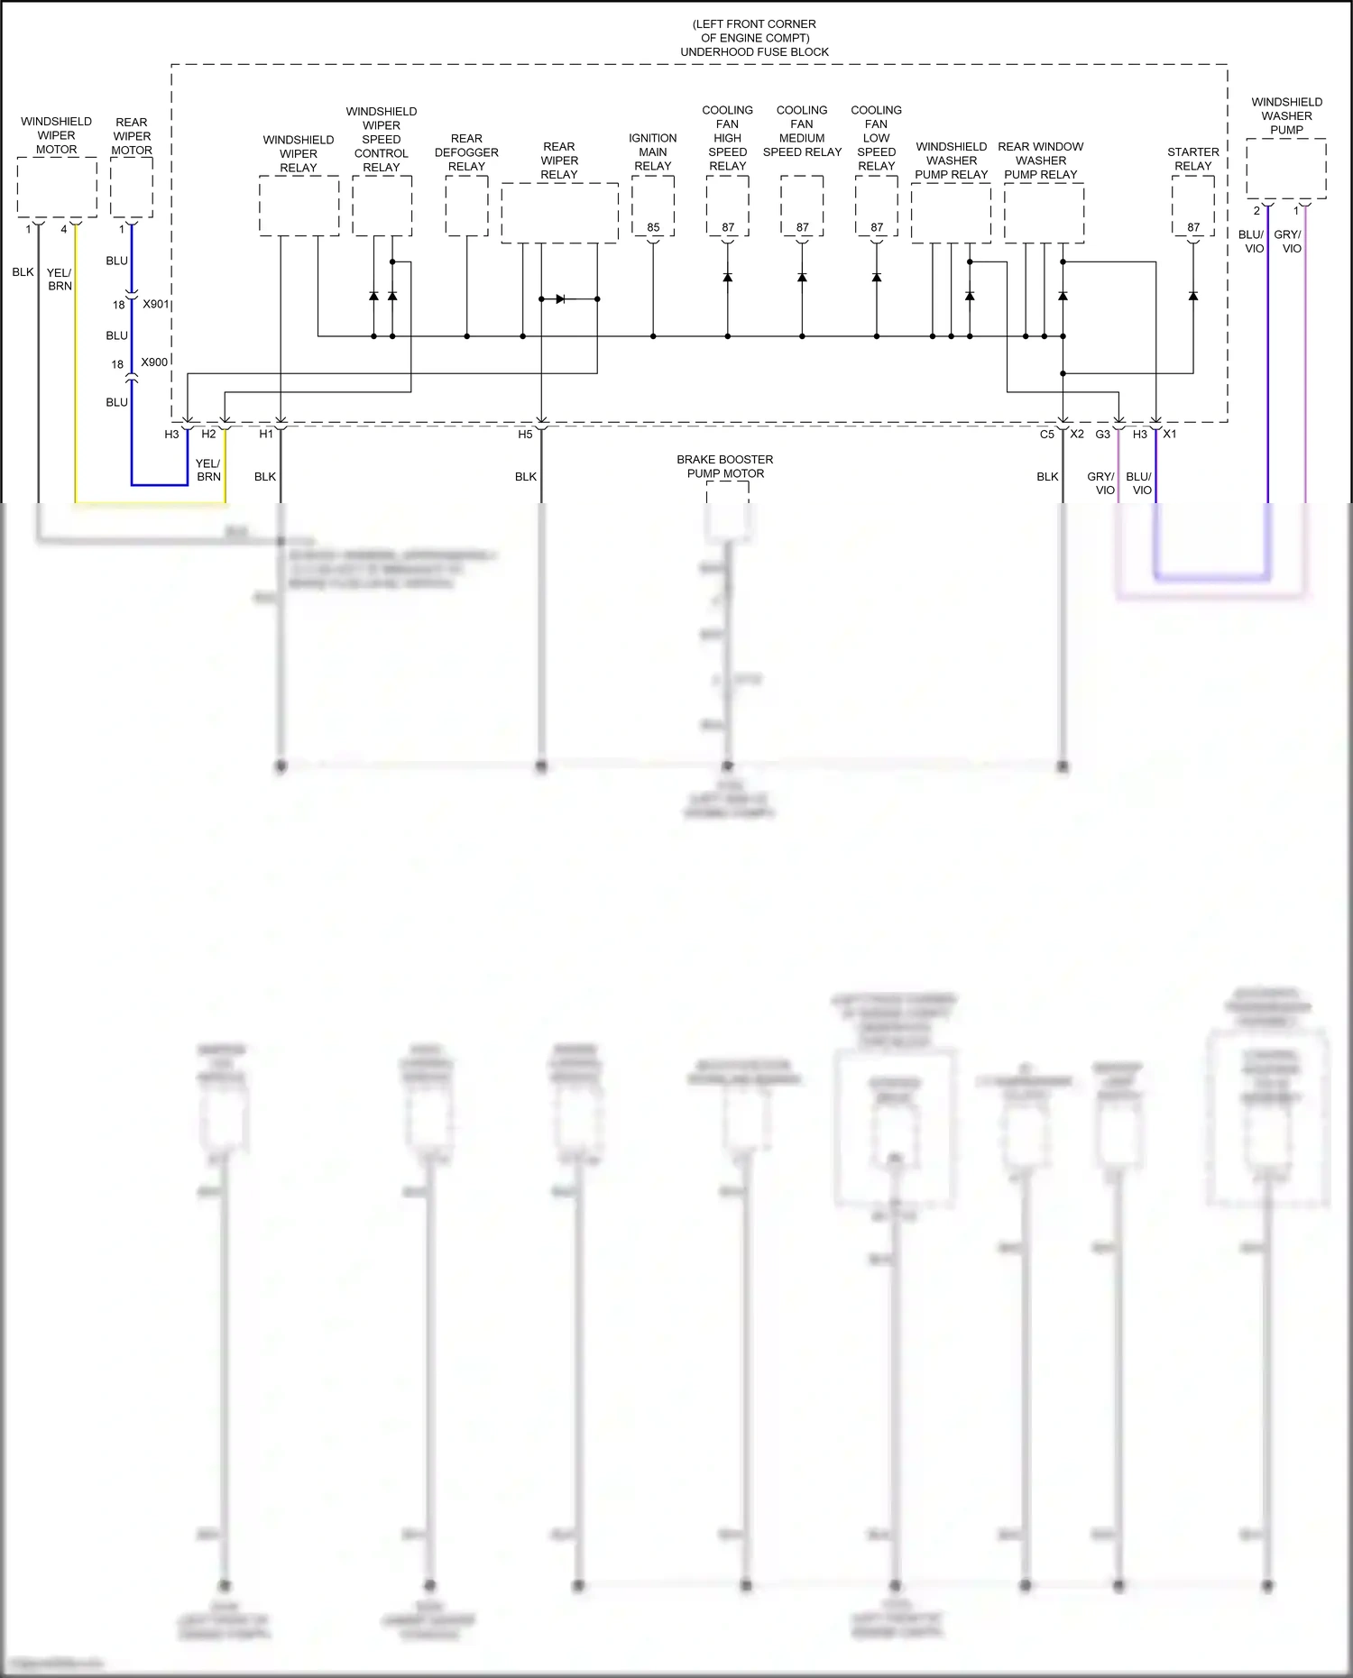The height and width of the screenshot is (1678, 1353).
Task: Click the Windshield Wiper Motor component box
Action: coord(57,187)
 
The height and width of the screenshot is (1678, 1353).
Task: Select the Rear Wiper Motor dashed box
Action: coord(132,187)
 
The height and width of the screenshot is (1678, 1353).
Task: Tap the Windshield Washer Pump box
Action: coord(1285,169)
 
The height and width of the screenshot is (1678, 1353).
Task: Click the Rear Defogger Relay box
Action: coord(466,206)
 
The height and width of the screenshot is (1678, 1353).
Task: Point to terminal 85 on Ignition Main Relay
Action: coord(653,227)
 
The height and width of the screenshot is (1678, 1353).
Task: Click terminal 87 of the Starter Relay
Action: coord(1193,227)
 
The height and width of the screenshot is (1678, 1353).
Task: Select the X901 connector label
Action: coord(155,304)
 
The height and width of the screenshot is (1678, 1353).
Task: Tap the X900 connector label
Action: coord(154,362)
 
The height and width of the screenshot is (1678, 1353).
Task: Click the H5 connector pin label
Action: coord(525,435)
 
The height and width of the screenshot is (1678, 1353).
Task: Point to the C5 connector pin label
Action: coord(1046,435)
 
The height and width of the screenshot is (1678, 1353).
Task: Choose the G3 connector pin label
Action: coord(1102,435)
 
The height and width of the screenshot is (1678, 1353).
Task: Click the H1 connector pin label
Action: coord(266,435)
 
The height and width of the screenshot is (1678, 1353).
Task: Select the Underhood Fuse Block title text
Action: coord(754,52)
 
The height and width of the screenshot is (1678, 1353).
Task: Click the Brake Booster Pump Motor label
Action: coord(725,466)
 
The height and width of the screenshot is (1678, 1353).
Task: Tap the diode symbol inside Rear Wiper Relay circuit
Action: coord(560,298)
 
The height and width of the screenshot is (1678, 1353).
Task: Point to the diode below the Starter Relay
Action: coord(1193,296)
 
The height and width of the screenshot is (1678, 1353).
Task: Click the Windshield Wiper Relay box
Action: coord(299,206)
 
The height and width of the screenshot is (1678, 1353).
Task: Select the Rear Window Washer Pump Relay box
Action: coord(1044,213)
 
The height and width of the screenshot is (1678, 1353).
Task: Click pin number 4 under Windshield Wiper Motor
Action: coord(64,229)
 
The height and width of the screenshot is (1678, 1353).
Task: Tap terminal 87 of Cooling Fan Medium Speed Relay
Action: coord(803,227)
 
